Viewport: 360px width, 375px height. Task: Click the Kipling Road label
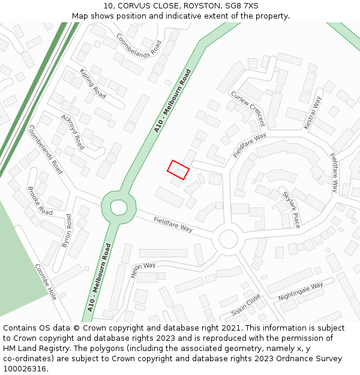(92, 83)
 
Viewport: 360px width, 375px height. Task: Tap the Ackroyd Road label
(72, 132)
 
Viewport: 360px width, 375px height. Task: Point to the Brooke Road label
(40, 201)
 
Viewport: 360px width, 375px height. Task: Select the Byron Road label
(68, 231)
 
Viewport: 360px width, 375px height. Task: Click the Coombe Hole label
(46, 282)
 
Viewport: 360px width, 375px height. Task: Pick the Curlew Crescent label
(247, 109)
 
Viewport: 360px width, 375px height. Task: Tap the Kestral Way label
(313, 113)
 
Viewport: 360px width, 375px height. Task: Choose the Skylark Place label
(291, 209)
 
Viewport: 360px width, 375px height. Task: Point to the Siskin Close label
(246, 305)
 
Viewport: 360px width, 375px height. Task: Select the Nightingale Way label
(301, 292)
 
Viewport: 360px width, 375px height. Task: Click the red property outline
(178, 170)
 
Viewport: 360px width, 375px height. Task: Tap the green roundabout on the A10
(118, 207)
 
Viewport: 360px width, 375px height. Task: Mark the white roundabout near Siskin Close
(228, 239)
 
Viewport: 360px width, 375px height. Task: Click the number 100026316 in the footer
(25, 369)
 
